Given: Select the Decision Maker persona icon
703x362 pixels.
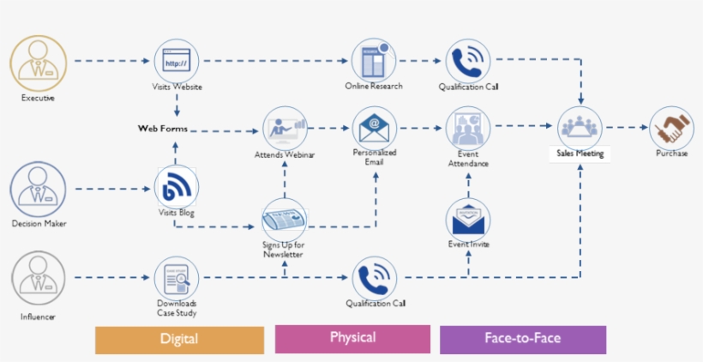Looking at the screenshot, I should pyautogui.click(x=37, y=188).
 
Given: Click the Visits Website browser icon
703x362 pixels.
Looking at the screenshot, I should pyautogui.click(x=177, y=61).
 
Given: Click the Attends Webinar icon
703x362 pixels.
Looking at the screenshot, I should pyautogui.click(x=285, y=129).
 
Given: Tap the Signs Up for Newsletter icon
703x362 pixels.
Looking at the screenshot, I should pyautogui.click(x=284, y=220).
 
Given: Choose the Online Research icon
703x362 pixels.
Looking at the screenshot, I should pyautogui.click(x=374, y=61).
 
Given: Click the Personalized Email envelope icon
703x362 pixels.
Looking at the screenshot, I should pyautogui.click(x=374, y=128).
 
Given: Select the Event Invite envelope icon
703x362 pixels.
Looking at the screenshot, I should pyautogui.click(x=468, y=220).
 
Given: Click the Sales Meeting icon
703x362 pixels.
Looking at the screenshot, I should pyautogui.click(x=582, y=128).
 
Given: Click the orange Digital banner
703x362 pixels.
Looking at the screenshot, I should pyautogui.click(x=179, y=339).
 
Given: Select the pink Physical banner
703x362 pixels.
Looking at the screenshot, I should pyautogui.click(x=352, y=338).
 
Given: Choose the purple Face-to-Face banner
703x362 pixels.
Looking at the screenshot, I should pyautogui.click(x=522, y=339).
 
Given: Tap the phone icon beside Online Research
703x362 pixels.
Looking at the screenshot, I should pyautogui.click(x=468, y=61).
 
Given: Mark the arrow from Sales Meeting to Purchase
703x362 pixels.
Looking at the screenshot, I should pyautogui.click(x=628, y=128).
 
